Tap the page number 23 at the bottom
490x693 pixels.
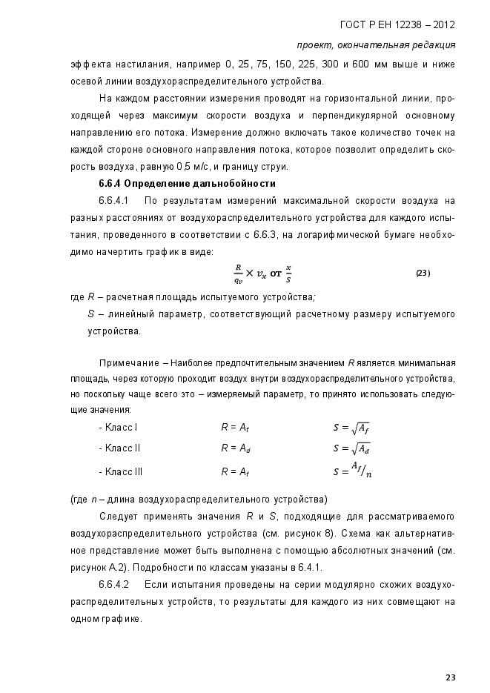[449, 677]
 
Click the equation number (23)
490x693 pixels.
[423, 273]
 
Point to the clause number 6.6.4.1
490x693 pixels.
[114, 201]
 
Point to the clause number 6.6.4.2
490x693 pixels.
[114, 585]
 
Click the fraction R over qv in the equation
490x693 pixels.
[238, 273]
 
